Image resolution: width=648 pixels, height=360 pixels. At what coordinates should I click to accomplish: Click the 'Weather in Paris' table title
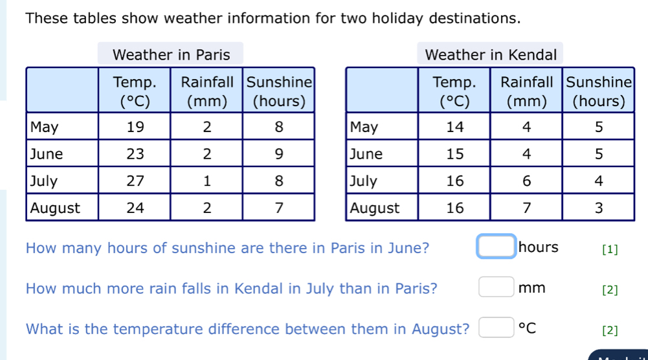tap(171, 54)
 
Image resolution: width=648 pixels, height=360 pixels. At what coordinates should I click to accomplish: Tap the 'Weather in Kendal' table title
tap(491, 54)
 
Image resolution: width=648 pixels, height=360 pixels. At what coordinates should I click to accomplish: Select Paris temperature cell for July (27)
tap(135, 181)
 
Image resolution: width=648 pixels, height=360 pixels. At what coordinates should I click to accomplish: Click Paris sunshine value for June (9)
tap(279, 154)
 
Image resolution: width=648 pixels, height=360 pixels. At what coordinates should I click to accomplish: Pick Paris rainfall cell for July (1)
tap(207, 181)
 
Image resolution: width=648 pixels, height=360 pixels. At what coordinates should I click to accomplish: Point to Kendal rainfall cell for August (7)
tap(526, 208)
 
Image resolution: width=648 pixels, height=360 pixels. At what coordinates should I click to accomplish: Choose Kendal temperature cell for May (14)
tap(455, 127)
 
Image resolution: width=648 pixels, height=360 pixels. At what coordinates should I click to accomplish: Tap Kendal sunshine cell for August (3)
tap(599, 208)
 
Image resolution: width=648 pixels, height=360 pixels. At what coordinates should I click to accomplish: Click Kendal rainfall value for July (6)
tap(526, 181)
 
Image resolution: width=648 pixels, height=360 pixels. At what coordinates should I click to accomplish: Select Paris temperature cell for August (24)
tap(135, 208)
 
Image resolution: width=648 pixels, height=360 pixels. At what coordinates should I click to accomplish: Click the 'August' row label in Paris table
tap(56, 208)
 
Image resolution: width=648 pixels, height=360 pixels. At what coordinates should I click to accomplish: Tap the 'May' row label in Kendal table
tap(363, 127)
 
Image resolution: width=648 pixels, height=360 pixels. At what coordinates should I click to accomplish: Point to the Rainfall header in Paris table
tap(207, 91)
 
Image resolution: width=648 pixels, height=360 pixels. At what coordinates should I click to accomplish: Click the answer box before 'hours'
tap(497, 247)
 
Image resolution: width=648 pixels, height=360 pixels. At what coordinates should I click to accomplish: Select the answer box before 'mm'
tap(497, 287)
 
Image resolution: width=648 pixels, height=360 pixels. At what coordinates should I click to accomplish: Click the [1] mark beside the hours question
tap(609, 249)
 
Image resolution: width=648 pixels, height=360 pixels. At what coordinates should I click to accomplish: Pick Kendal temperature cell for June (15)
tap(455, 154)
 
